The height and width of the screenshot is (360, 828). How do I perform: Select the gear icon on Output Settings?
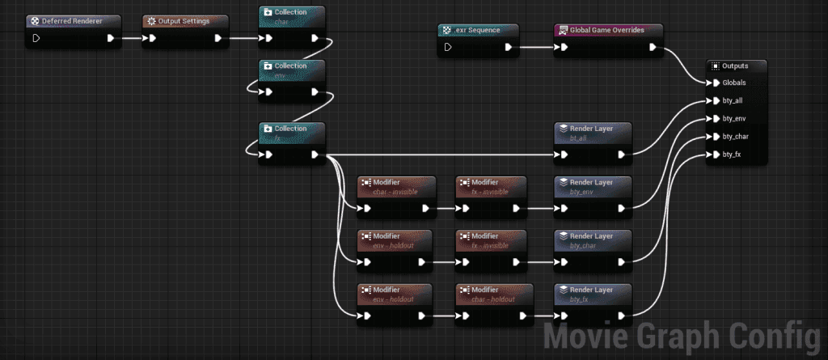coord(151,21)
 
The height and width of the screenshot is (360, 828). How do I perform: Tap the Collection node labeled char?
coord(291,17)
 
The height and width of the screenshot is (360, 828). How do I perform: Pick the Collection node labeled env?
coord(291,71)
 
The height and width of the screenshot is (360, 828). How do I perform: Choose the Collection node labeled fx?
coord(291,133)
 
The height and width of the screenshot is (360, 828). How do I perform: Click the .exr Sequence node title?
coord(480,30)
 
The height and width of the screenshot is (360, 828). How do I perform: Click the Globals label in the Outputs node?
coord(734,83)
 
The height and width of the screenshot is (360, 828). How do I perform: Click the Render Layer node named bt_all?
coord(591,133)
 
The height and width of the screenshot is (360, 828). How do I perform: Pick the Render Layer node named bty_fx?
coord(591,293)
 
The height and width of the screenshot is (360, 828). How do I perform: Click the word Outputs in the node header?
coord(735,66)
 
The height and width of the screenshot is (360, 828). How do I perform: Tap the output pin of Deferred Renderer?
coord(111,37)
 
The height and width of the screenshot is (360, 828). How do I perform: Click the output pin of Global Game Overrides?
coord(653,47)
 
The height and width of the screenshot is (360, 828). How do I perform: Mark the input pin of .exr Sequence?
coord(447,47)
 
